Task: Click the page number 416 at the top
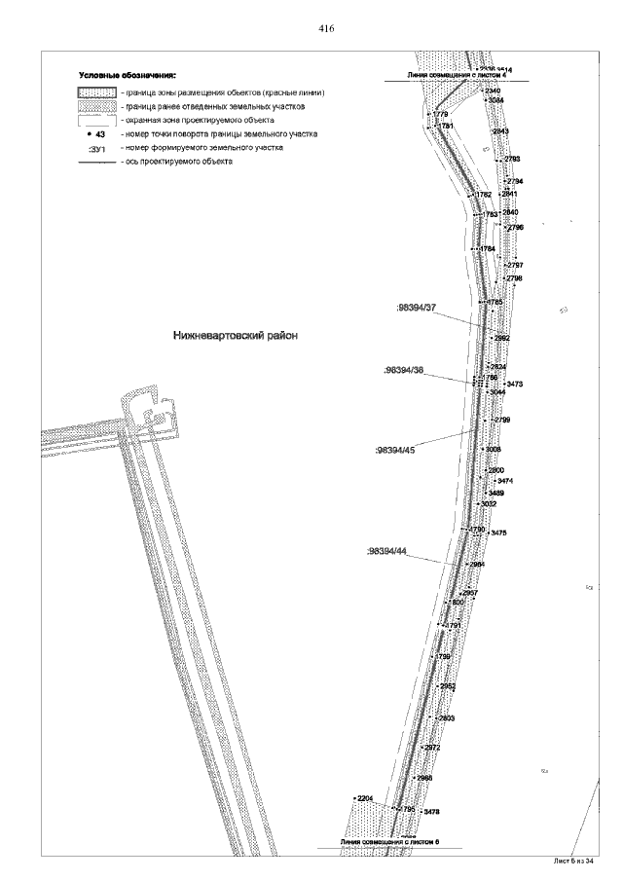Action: pyautogui.click(x=326, y=29)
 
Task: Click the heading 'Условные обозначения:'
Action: pyautogui.click(x=127, y=75)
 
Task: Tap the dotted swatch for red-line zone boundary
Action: pyautogui.click(x=97, y=92)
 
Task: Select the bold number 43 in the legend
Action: pyautogui.click(x=99, y=133)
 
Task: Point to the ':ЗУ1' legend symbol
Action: pyautogui.click(x=96, y=149)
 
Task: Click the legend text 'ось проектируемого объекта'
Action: pyautogui.click(x=176, y=162)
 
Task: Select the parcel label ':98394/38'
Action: pyautogui.click(x=404, y=371)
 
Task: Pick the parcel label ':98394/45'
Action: pyautogui.click(x=394, y=451)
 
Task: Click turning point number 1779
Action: pyautogui.click(x=439, y=115)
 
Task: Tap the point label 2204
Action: pyautogui.click(x=365, y=798)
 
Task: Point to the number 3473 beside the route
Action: pyautogui.click(x=515, y=385)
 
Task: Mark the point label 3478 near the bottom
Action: pyautogui.click(x=432, y=811)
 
